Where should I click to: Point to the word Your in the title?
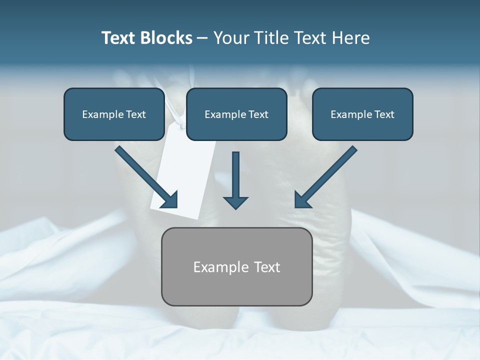point(230,38)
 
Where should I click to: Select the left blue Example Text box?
point(114,114)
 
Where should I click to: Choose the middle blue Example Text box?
point(236,114)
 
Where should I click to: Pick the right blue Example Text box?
point(362,114)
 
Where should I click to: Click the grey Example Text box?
point(236,266)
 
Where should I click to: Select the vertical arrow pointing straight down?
point(235,175)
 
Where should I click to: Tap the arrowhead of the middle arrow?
point(235,202)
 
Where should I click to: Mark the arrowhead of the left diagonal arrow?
point(170,200)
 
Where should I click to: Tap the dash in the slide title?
point(202,38)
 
